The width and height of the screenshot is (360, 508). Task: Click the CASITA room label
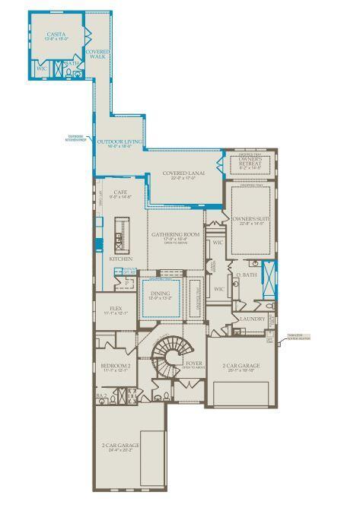54,34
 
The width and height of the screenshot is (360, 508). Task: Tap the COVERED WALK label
97,54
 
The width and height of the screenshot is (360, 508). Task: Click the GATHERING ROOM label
175,235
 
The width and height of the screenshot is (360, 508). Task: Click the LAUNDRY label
252,319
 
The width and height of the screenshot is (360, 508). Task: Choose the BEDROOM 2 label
116,366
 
